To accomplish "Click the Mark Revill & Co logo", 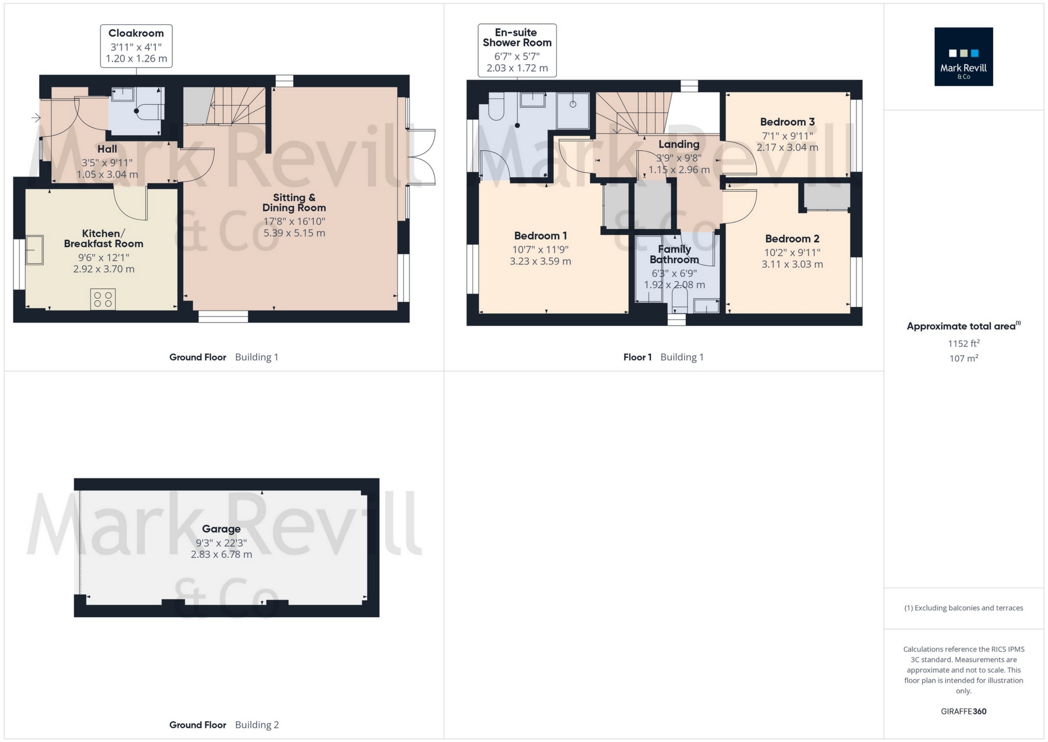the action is (963, 56).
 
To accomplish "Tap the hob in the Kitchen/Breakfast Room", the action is (102, 299).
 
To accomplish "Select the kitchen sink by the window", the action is (35, 250).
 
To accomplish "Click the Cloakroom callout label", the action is (136, 46).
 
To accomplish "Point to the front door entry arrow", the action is (36, 118).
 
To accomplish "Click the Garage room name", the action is (221, 529).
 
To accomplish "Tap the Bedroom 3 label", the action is (787, 122).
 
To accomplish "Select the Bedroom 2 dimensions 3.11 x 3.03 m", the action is (792, 264).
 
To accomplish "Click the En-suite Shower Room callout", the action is (517, 50).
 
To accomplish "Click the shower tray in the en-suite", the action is (572, 110).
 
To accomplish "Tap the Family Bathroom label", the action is (674, 254).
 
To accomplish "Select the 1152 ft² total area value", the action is (963, 343).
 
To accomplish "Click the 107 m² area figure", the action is (963, 358).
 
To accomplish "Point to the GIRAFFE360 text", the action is (963, 711).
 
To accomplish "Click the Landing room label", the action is (678, 144).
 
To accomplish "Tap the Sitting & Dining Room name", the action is (294, 202).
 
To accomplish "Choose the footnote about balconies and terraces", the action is (963, 608).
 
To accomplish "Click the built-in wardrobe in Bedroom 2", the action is (826, 197).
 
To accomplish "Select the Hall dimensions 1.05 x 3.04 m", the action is (107, 174).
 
